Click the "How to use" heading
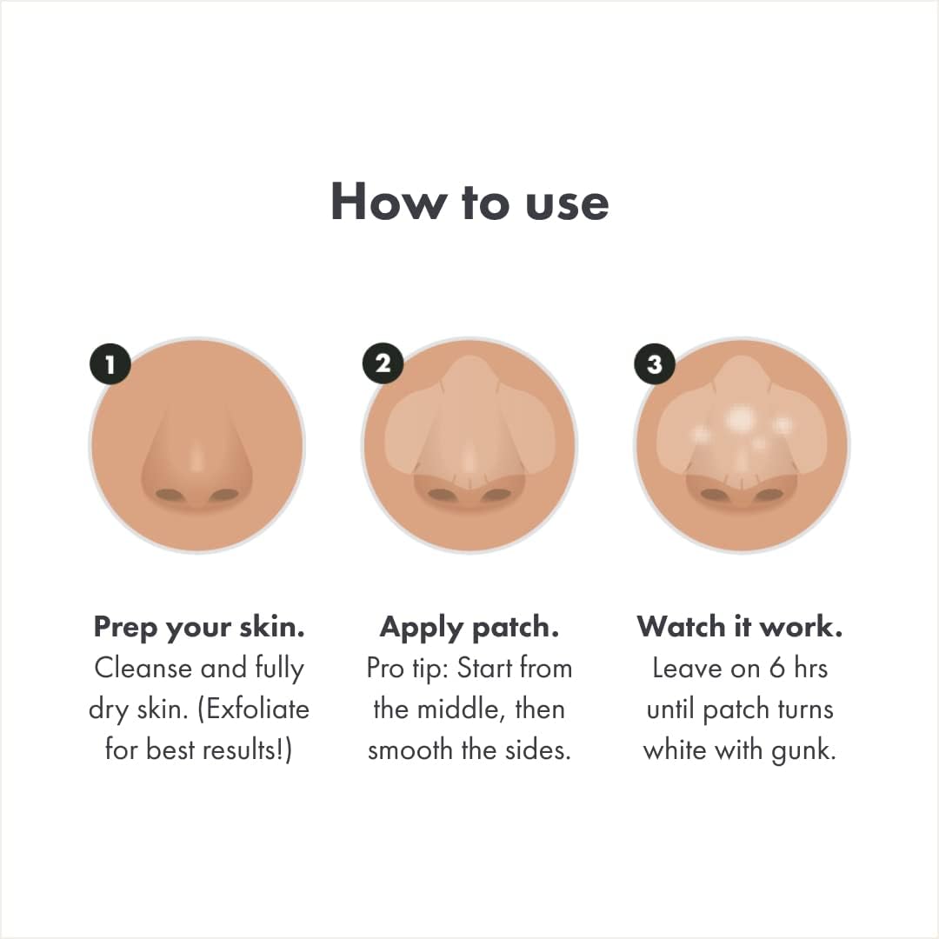coord(469,202)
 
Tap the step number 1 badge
coord(110,364)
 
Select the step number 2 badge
coord(383,364)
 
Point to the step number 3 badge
coord(655,364)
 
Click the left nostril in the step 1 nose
coord(169,495)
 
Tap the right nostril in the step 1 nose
coord(223,495)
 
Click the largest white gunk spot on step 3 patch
coord(740,420)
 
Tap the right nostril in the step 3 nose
coord(769,495)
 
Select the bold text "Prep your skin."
coord(199,627)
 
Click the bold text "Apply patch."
coord(469,627)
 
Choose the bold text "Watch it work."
coord(740,627)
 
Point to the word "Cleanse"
coord(143,668)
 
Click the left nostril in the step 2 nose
coord(442,495)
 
